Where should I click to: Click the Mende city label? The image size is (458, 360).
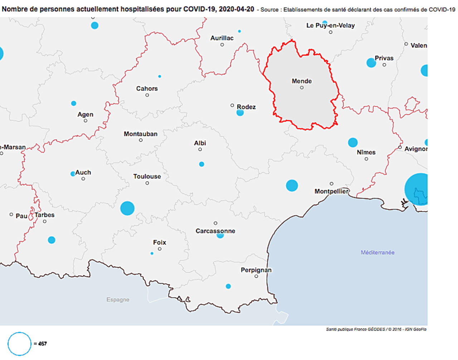302,81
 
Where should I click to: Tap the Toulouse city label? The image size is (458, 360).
147,176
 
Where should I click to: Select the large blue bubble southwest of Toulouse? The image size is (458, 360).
127,208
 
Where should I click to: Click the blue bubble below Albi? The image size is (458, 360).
202,164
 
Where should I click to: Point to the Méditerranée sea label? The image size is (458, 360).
377,252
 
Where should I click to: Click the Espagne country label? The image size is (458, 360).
118,300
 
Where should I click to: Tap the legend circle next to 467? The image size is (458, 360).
19,344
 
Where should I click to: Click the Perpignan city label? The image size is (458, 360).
256,270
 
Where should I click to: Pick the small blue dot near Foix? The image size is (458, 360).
152,253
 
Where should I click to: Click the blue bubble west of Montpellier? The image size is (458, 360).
292,186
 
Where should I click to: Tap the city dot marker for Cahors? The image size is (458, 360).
147,95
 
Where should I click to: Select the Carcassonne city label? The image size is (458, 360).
215,231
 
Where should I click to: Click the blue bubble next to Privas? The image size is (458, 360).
371,63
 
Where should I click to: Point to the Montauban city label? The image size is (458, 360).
141,134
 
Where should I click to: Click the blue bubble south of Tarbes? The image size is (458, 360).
52,240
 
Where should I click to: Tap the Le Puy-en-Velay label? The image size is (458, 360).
331,25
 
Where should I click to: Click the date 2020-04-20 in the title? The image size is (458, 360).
236,9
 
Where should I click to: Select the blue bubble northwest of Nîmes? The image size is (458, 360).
353,142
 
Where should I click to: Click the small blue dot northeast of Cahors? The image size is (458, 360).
160,77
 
